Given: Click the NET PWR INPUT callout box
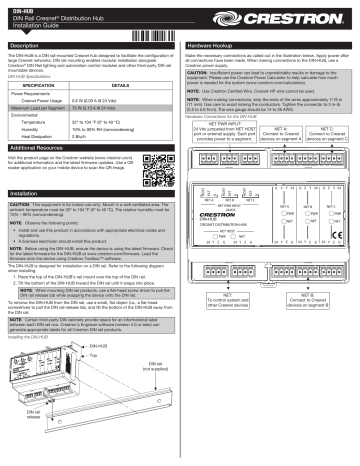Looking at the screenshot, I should (227, 161).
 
